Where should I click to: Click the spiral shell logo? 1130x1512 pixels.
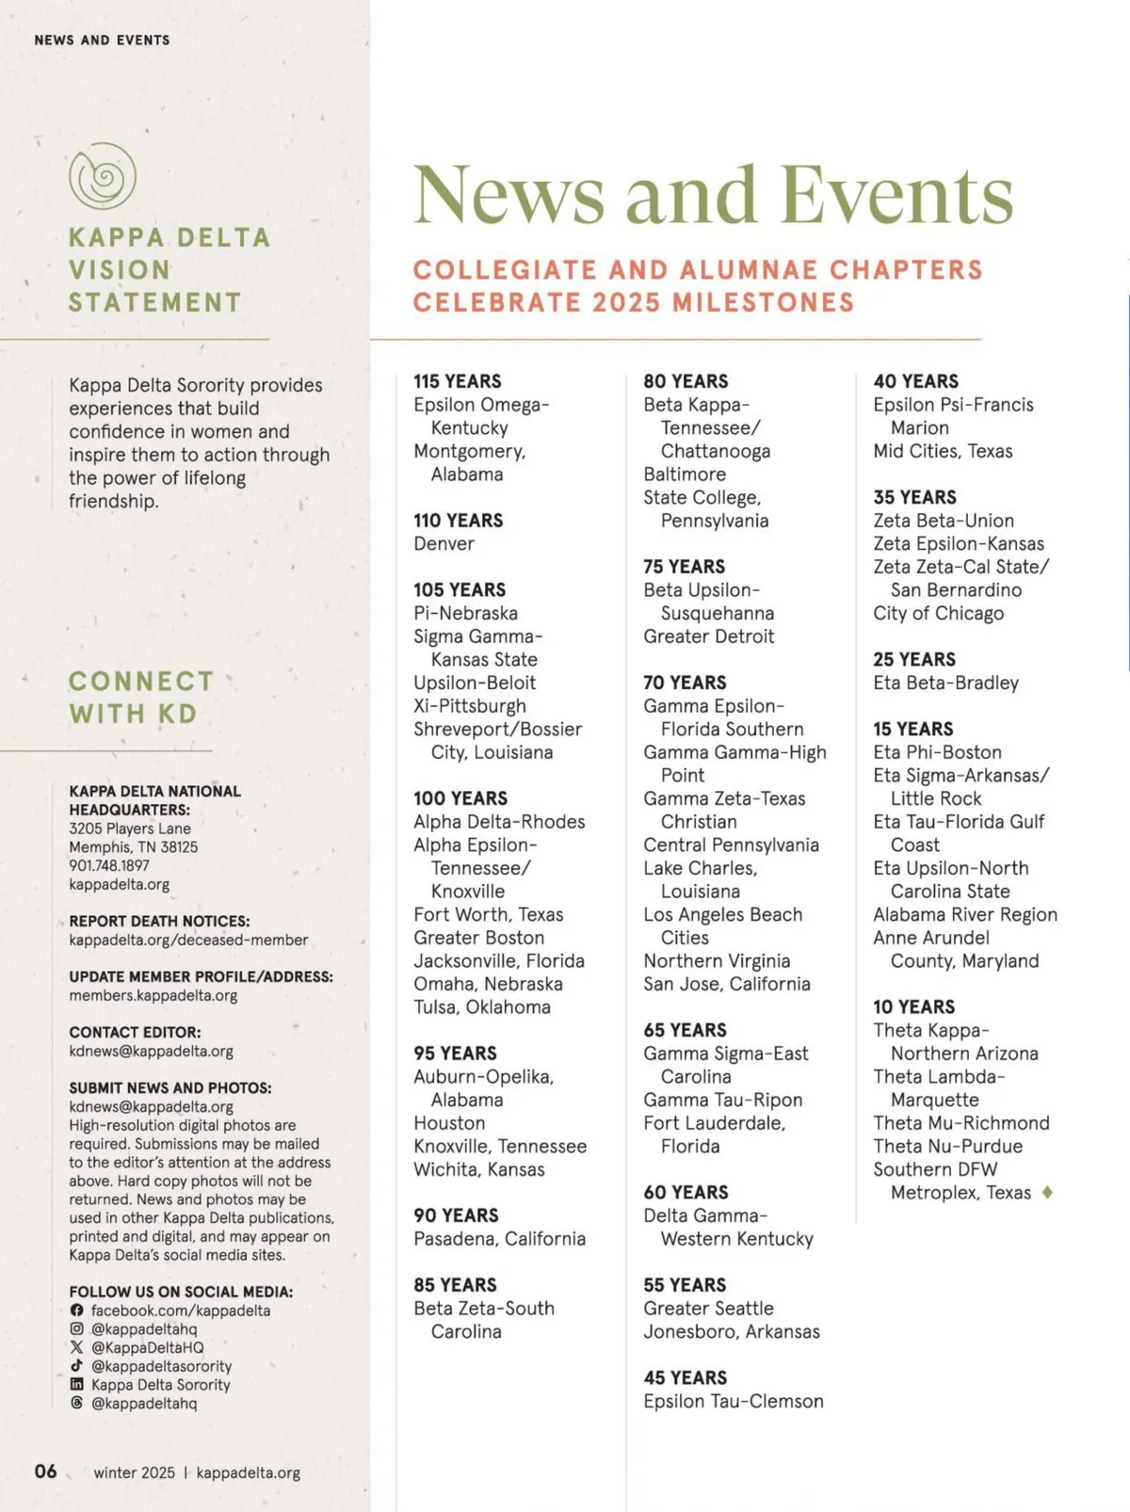click(103, 176)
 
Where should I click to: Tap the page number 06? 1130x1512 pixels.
click(45, 1471)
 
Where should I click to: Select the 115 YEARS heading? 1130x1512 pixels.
click(457, 381)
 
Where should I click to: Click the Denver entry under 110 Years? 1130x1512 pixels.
click(444, 543)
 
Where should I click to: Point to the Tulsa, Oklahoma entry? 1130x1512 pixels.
click(481, 1006)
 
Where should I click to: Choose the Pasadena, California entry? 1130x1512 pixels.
click(499, 1238)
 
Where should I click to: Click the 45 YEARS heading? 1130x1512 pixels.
click(685, 1377)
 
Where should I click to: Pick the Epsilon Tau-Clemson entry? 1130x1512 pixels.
click(733, 1401)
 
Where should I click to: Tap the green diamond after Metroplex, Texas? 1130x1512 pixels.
click(1047, 1192)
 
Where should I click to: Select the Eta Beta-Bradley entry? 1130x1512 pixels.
click(945, 683)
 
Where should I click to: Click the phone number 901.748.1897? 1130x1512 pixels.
click(108, 865)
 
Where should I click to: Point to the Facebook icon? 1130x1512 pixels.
click(76, 1311)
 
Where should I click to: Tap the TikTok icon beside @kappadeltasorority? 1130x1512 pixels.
click(76, 1365)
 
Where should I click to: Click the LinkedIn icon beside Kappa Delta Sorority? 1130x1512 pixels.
click(76, 1384)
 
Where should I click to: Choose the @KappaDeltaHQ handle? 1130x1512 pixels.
click(147, 1347)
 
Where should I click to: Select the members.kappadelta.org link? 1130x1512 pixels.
click(153, 995)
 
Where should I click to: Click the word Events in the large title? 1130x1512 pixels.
click(896, 195)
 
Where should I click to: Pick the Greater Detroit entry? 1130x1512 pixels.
click(708, 636)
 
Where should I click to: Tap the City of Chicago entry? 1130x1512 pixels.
click(938, 613)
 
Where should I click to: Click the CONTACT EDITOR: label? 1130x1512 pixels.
click(135, 1032)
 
